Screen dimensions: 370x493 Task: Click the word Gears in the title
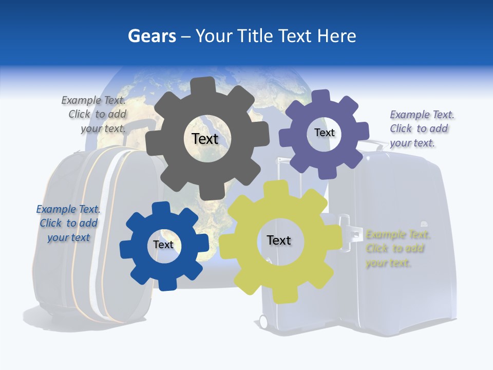pyautogui.click(x=151, y=36)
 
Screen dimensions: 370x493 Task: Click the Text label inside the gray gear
pyautogui.click(x=205, y=139)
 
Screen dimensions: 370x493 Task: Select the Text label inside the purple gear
pyautogui.click(x=324, y=133)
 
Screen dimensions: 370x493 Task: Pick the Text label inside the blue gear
pyautogui.click(x=163, y=245)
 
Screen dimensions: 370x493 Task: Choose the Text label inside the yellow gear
pyautogui.click(x=279, y=240)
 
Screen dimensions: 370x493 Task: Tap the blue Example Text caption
pyautogui.click(x=68, y=223)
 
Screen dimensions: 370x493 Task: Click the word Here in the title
pyautogui.click(x=337, y=36)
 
